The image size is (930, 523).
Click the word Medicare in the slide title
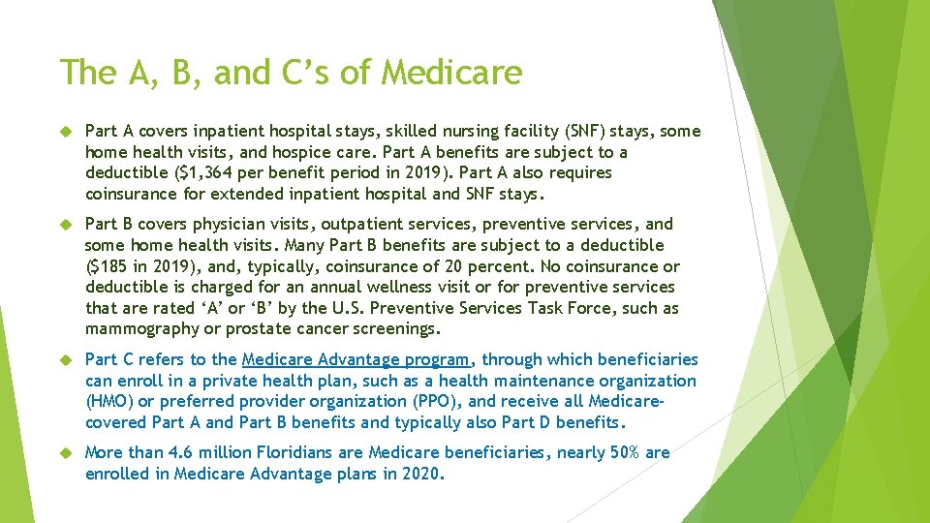(x=452, y=73)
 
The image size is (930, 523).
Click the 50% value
(x=619, y=452)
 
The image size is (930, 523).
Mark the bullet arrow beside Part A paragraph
(x=66, y=132)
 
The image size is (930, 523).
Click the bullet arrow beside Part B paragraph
(x=66, y=225)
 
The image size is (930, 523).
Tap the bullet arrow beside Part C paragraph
(x=66, y=360)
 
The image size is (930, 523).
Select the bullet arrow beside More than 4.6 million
(x=66, y=453)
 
